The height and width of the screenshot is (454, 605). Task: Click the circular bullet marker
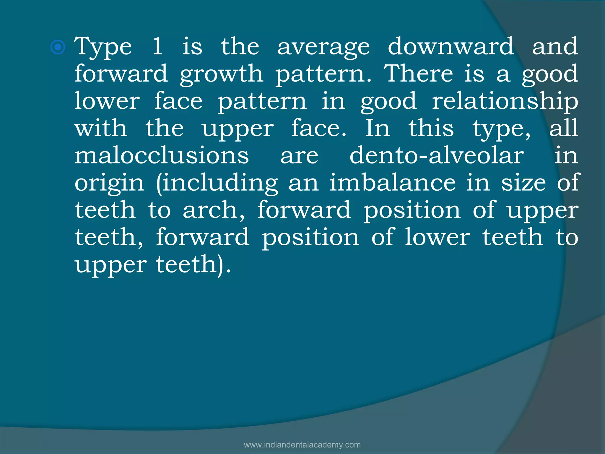pos(58,47)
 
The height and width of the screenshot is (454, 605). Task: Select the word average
pos(323,47)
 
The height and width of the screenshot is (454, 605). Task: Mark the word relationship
pos(505,101)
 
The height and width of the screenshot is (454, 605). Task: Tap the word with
pos(101,128)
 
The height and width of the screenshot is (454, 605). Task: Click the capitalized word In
pos(378,128)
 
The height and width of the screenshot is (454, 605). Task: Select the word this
pos(431,128)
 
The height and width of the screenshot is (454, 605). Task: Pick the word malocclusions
pos(162,155)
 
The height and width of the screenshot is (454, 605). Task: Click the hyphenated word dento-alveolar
pos(437,155)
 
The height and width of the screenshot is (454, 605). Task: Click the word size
pos(523,183)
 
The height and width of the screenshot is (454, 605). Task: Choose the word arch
pos(213,210)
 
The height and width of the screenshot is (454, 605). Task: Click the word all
pos(564,128)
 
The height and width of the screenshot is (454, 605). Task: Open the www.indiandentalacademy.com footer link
pos(302,445)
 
